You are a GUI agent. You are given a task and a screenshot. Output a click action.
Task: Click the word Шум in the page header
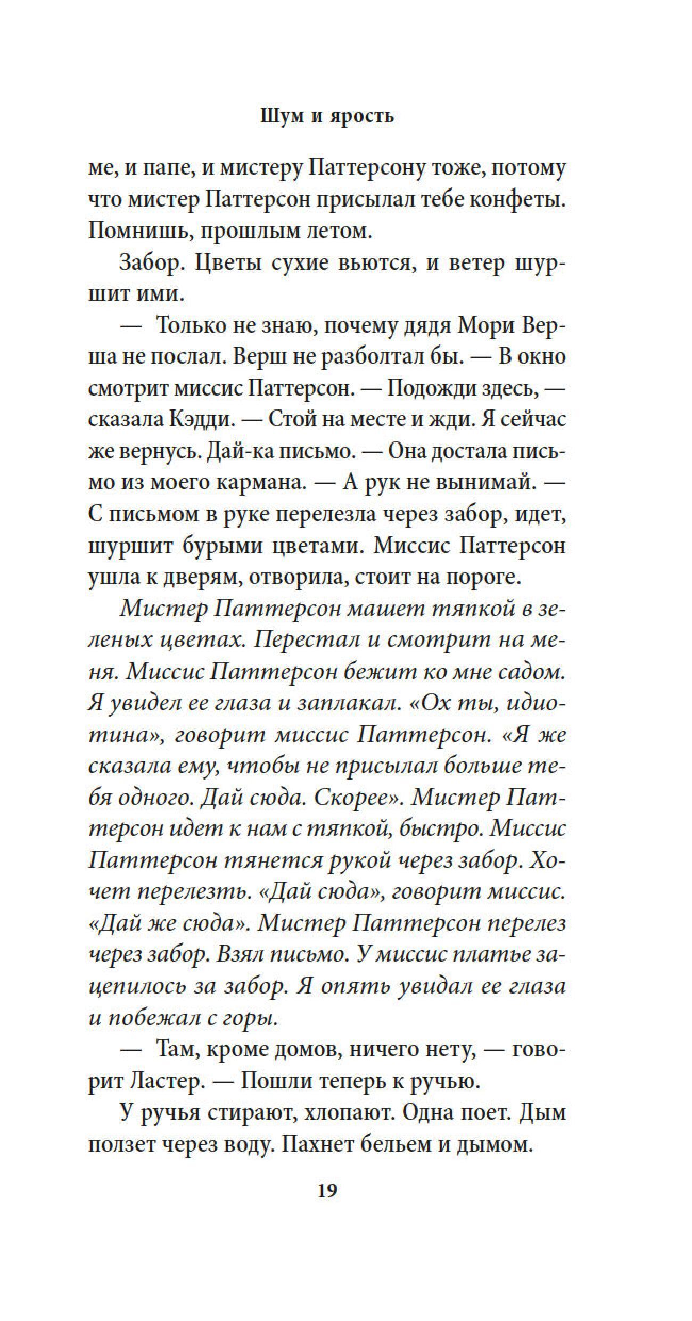[282, 116]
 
